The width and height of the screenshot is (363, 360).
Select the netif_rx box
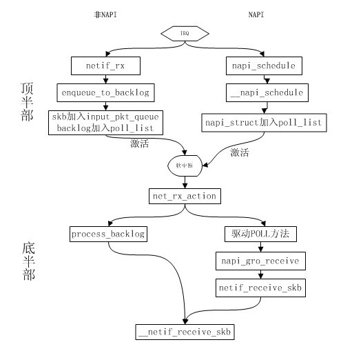tap(104, 66)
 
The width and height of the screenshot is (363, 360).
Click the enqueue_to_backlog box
tap(104, 92)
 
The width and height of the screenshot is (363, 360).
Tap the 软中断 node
tap(183, 166)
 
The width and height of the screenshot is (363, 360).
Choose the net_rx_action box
tap(183, 197)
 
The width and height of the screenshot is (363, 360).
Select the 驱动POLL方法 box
tap(260, 234)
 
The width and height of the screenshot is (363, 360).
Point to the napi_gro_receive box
tap(260, 261)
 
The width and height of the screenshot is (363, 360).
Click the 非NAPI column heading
tap(105, 14)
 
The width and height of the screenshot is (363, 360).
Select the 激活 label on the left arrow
tap(140, 144)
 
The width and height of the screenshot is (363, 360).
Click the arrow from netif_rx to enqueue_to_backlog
tap(104, 79)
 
